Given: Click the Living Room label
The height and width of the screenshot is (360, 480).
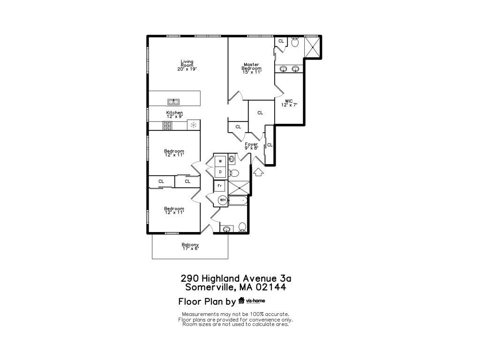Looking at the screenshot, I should click(187, 65).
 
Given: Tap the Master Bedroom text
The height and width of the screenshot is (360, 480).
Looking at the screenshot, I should click(252, 68).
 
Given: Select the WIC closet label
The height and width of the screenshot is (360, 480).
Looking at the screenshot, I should click(289, 103).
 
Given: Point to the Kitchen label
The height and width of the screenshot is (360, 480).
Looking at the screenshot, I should click(174, 114).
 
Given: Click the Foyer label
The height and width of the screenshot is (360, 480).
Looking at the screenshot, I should click(251, 146).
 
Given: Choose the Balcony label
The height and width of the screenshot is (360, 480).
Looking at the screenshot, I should click(190, 247).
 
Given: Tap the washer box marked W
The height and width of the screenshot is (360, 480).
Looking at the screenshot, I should click(220, 161).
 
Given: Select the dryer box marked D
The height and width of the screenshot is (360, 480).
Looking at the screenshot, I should click(220, 172).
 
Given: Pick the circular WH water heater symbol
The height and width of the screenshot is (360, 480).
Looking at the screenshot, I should click(223, 200).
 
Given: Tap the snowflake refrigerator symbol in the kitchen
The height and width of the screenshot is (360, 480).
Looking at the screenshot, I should click(193, 125).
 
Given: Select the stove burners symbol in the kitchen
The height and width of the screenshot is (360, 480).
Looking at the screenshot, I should click(167, 125).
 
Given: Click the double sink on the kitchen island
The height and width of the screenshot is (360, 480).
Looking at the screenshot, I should click(173, 102).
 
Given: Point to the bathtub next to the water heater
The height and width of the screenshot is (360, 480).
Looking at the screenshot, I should click(237, 200).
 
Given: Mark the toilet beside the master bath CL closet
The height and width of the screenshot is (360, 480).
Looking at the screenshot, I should click(295, 43).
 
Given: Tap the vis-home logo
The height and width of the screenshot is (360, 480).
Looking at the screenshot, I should click(252, 301).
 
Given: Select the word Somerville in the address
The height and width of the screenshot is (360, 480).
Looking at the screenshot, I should click(210, 287).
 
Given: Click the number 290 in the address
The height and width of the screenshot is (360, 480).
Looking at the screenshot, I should click(190, 278).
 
